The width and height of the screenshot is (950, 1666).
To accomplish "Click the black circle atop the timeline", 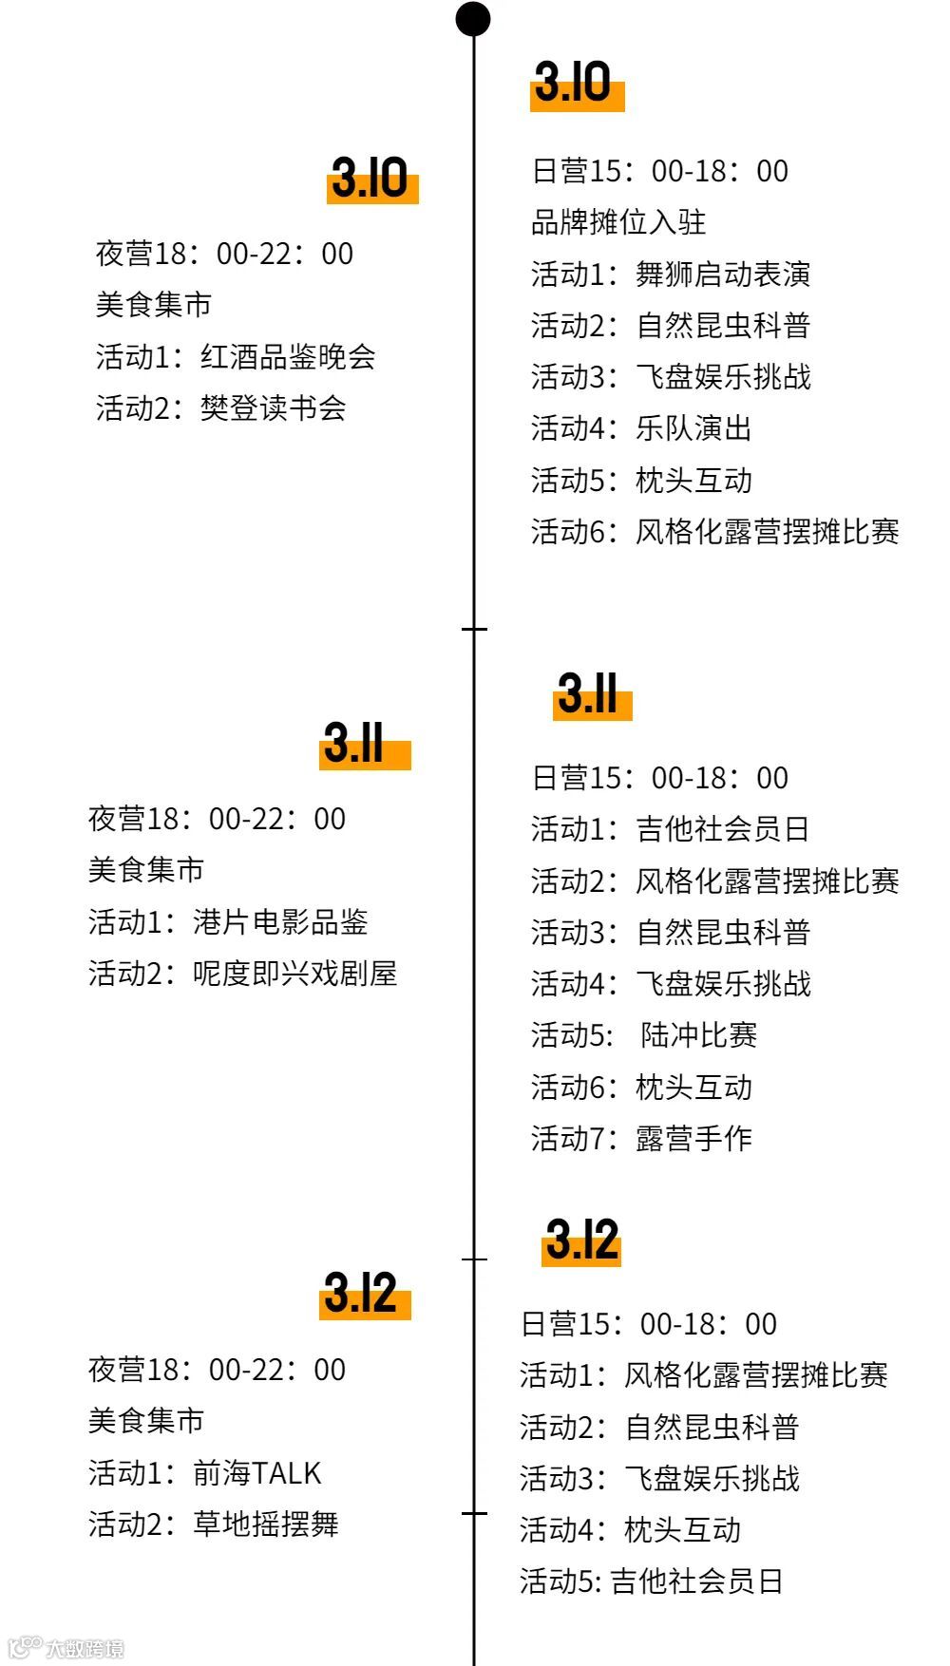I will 473,19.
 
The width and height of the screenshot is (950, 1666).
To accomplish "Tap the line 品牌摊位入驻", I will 618,222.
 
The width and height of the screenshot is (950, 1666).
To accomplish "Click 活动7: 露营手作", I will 641,1138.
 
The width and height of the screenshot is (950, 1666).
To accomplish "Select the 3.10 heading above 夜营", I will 370,179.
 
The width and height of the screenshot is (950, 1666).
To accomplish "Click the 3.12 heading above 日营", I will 581,1240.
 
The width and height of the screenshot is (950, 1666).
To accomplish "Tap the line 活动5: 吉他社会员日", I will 651,1581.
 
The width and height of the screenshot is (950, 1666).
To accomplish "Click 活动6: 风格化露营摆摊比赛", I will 714,532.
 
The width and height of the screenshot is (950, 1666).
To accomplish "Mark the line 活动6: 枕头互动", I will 641,1087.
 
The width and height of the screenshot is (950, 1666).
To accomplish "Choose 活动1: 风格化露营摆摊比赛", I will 703,1375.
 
